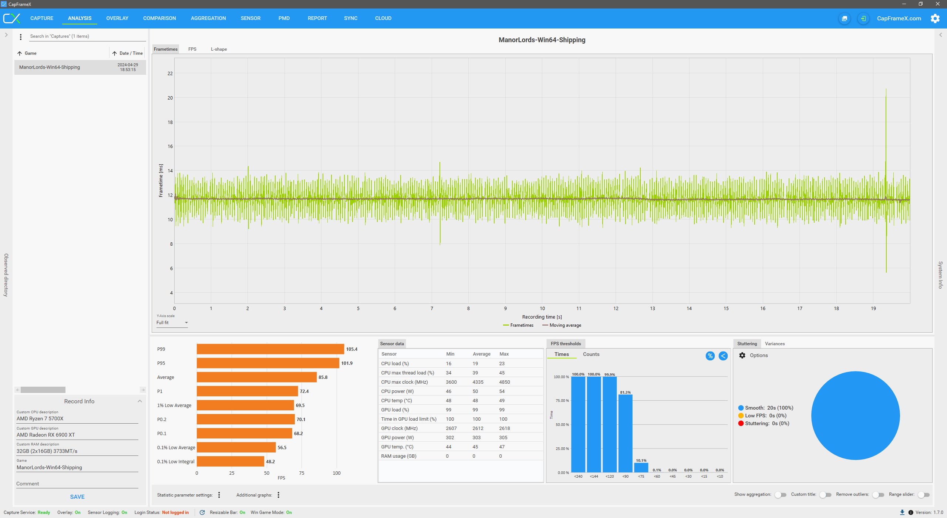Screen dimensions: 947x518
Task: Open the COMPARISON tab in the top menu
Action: (159, 18)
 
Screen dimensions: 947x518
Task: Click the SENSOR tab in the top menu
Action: (250, 18)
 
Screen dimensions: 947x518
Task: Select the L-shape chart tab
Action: (219, 49)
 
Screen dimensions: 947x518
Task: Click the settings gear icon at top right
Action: (935, 18)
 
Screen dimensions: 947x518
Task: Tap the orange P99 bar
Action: (270, 349)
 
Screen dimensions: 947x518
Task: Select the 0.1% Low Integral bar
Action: (230, 461)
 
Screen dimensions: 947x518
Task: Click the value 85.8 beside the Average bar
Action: (323, 377)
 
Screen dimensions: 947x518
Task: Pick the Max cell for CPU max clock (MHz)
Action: (505, 382)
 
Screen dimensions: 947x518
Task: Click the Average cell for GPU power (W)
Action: (476, 438)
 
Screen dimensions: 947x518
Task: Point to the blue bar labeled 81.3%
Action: (625, 433)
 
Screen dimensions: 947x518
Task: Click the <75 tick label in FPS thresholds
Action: (641, 477)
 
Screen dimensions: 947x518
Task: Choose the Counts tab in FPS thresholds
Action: (591, 354)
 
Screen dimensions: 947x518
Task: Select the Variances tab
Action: (775, 344)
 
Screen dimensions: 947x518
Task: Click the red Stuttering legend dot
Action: (741, 424)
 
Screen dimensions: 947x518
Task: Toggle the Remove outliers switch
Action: (878, 495)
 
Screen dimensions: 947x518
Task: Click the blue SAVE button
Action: (77, 497)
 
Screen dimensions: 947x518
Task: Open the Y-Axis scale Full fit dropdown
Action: (172, 323)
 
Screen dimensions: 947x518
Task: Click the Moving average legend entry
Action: (562, 325)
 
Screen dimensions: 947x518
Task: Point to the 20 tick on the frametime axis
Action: (170, 98)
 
